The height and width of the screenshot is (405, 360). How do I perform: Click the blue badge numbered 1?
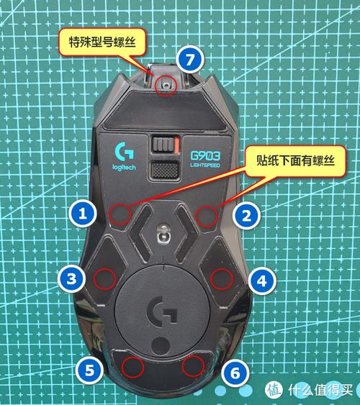tap(83, 213)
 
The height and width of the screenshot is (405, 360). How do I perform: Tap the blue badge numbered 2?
tap(246, 214)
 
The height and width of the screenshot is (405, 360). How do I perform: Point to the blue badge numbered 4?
tap(261, 278)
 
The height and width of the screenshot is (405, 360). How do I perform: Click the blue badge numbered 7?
tap(189, 60)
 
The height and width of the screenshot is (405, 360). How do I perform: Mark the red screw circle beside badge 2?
tap(207, 213)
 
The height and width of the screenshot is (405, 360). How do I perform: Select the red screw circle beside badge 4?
tap(223, 278)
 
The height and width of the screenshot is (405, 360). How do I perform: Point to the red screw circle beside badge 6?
tap(192, 365)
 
